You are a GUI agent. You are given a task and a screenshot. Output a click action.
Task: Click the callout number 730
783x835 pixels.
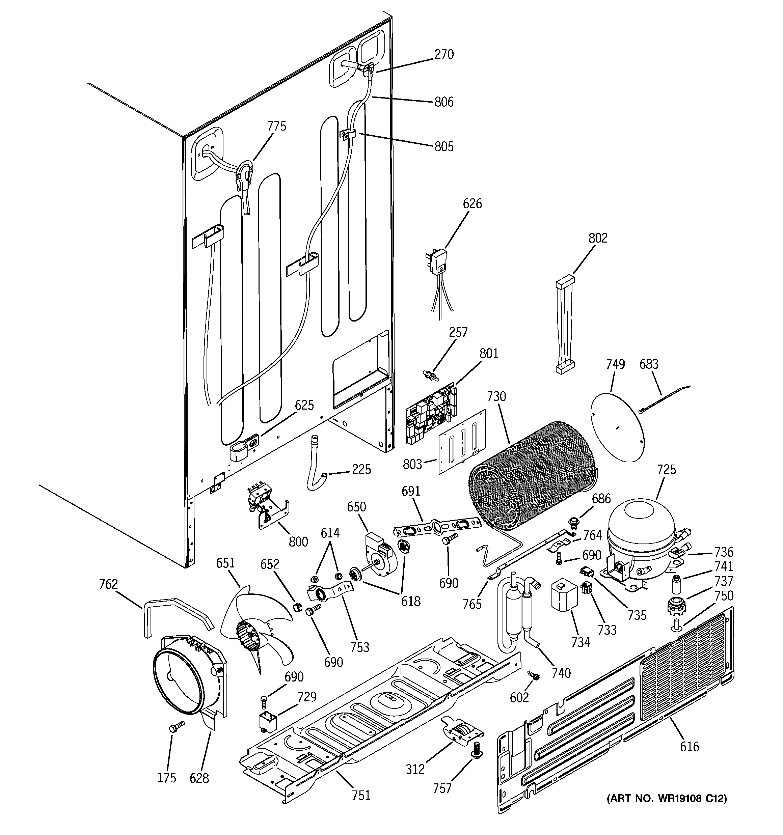pos(496,396)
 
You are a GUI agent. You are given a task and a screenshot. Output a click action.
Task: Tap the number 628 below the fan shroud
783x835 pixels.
pos(199,778)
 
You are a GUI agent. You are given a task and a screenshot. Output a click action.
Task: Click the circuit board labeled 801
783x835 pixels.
pos(431,414)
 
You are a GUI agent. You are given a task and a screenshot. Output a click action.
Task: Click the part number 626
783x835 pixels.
pos(472,204)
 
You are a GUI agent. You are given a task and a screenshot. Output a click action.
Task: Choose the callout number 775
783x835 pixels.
pos(276,126)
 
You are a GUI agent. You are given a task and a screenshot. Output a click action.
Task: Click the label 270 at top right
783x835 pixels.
pos(444,55)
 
